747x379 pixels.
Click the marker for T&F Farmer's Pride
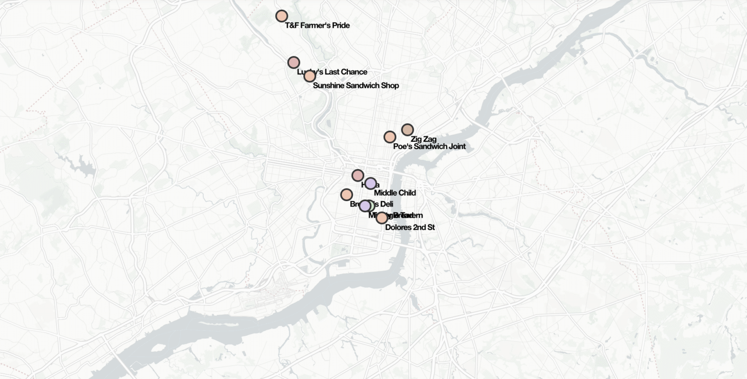(281, 16)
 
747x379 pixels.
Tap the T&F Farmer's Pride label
(317, 25)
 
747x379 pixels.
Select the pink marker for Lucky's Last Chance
(293, 62)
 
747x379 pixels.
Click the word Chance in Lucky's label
(354, 72)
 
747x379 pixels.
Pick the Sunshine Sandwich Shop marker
(309, 76)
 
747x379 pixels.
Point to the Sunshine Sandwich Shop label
(356, 86)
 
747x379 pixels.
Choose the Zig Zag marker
(407, 130)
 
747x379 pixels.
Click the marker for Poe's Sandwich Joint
(390, 137)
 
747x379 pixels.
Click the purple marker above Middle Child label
(371, 183)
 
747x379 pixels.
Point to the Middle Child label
(394, 193)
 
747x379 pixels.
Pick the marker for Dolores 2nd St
(382, 218)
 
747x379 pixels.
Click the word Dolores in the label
(398, 227)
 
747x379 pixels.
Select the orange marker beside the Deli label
(346, 194)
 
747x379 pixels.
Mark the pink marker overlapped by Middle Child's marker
(357, 175)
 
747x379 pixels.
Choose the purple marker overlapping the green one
(365, 206)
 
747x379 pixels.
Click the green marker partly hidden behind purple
(371, 205)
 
